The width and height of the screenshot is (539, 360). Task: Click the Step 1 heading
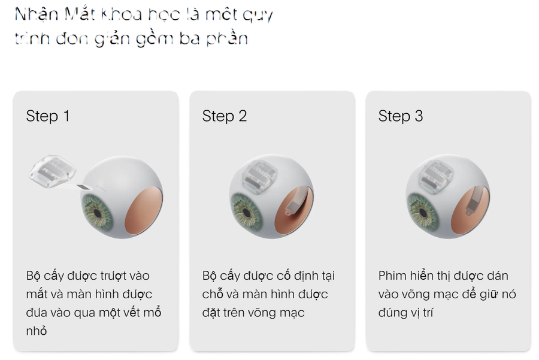coord(48,116)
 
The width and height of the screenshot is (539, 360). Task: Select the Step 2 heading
coord(225,116)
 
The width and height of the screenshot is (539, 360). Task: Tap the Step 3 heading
coord(401,116)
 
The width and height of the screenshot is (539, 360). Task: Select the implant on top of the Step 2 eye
coord(258,175)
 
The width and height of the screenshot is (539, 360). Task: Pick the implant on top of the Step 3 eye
coord(436,175)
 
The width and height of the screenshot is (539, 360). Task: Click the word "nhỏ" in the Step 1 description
coord(37,331)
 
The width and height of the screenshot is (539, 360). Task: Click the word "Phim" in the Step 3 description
coord(392,276)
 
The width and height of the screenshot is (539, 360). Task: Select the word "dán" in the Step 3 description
coord(496,276)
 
